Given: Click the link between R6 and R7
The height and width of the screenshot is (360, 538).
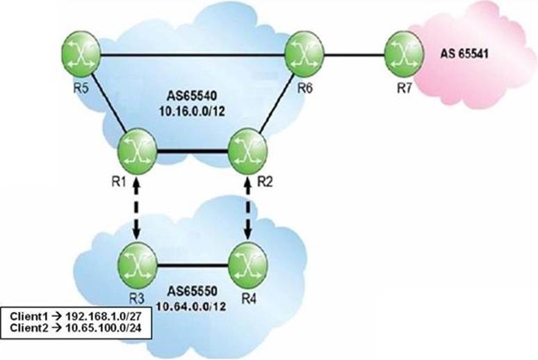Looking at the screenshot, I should [354, 54].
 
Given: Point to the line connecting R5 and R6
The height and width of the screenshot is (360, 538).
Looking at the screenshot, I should [193, 54].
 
